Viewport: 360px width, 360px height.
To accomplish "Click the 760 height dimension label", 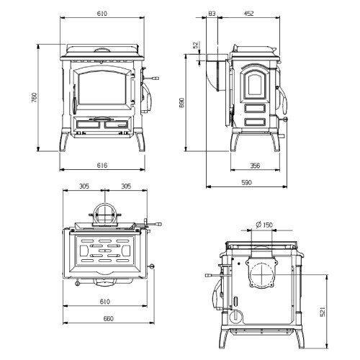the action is point(35,98).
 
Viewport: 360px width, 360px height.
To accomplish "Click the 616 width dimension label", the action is point(102,165).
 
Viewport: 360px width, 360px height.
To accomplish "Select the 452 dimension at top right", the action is point(249,14).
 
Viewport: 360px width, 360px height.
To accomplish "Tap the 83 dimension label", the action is point(212,14).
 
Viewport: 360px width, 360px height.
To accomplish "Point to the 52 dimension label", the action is point(197,45).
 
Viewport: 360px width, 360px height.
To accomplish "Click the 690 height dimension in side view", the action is point(181,103).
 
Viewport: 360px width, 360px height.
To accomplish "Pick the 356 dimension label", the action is point(255,166).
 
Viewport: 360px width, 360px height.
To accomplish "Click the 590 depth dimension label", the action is point(246,182).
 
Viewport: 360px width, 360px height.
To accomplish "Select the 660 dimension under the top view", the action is point(108,319).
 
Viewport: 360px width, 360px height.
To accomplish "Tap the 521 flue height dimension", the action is point(323,312).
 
